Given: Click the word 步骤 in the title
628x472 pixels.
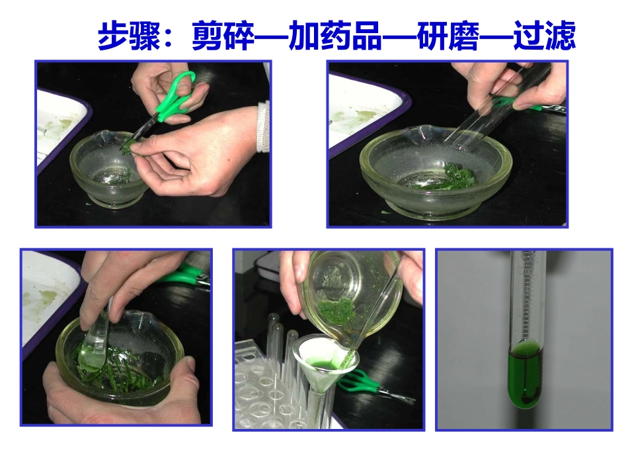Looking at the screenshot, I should coord(129,36).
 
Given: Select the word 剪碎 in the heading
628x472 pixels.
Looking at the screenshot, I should coord(223,36).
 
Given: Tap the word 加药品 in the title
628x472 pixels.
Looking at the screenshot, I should coord(335,36).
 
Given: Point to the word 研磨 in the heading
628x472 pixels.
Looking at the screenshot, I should coord(448,36).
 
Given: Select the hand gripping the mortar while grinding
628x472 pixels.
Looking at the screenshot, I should coord(126,397).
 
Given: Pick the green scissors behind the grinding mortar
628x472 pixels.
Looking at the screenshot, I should coord(185,273).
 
